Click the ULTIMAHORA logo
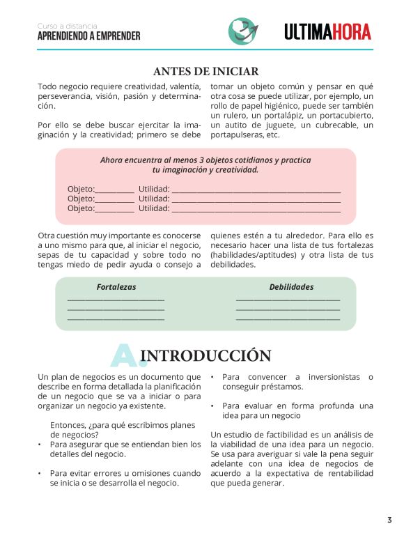click(x=327, y=31)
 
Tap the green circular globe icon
click(x=242, y=31)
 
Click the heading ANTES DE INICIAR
click(x=205, y=71)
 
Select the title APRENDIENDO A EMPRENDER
click(x=88, y=36)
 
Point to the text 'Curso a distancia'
click(x=68, y=26)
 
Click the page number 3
click(x=389, y=519)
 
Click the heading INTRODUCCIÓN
click(x=205, y=356)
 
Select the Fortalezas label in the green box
click(x=116, y=287)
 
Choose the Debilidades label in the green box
click(x=291, y=287)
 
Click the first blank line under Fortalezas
click(x=116, y=300)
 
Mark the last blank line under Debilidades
click(x=288, y=319)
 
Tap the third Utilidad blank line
click(x=256, y=210)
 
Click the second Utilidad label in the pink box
click(x=154, y=199)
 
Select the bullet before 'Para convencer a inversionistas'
click(x=212, y=378)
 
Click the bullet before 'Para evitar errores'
click(x=40, y=473)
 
